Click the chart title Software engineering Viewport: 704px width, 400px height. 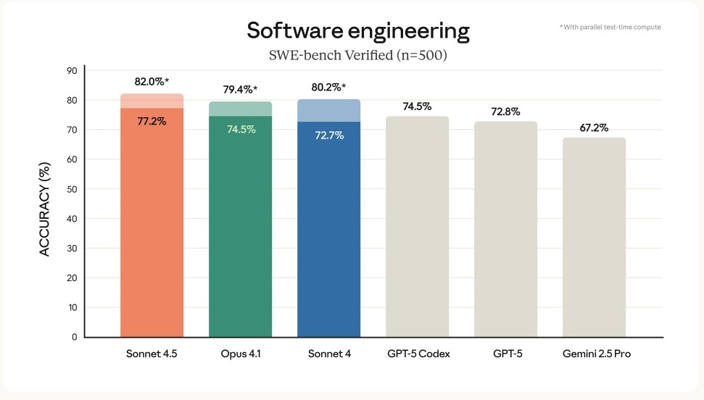coord(358,30)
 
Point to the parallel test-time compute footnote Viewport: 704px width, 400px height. coord(610,27)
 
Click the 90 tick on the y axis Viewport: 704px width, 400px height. coord(72,71)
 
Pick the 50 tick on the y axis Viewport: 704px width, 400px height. coord(72,189)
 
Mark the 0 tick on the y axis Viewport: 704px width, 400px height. coord(74,337)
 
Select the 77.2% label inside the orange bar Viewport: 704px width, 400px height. coord(152,121)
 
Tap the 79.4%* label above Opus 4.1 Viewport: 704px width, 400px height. coord(240,90)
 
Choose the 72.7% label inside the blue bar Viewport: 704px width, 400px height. coord(329,135)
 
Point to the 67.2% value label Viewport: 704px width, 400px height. coord(594,128)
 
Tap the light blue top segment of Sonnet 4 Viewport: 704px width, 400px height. coord(329,110)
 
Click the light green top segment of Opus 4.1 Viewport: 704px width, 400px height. coord(240,109)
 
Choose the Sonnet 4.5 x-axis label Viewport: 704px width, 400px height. coord(152,354)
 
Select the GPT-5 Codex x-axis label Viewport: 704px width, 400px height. coord(417,354)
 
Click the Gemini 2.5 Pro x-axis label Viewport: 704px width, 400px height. coord(594,354)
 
